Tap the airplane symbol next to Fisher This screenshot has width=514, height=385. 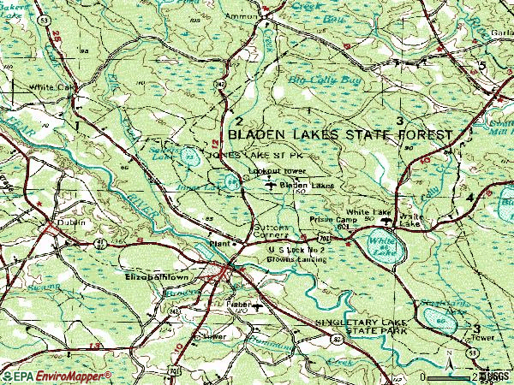click(258, 305)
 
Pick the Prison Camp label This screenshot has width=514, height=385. click(329, 219)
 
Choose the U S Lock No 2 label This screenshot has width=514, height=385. click(291, 248)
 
